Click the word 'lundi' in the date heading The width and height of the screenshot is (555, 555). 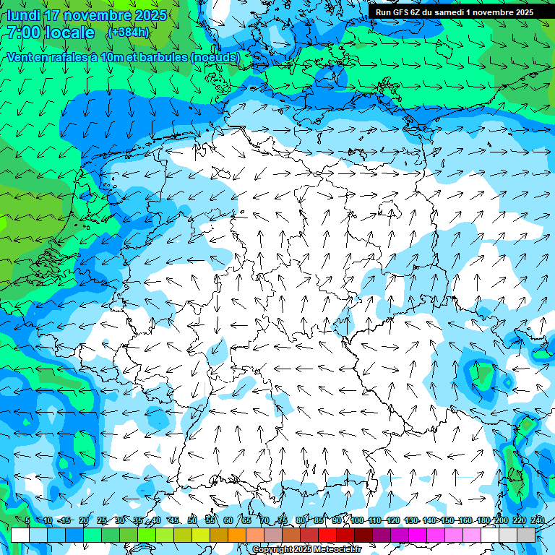click(x=24, y=15)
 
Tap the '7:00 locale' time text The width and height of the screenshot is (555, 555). click(x=51, y=33)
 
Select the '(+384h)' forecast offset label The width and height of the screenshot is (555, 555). click(x=128, y=33)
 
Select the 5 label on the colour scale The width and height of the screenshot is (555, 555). click(x=27, y=520)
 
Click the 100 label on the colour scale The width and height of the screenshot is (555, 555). click(x=356, y=520)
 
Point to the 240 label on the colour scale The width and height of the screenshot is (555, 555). click(x=538, y=520)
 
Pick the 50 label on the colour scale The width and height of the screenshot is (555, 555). click(x=192, y=520)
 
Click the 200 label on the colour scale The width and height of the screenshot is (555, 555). click(x=501, y=520)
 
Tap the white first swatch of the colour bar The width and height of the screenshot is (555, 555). click(x=20, y=535)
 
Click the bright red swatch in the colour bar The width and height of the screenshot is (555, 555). click(x=327, y=535)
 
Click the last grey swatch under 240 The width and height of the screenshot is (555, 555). click(x=526, y=535)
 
